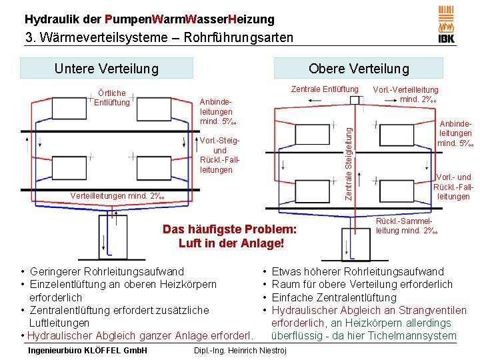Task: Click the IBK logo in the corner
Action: tap(446, 25)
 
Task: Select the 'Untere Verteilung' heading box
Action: tap(107, 68)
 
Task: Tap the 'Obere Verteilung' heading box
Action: tap(359, 69)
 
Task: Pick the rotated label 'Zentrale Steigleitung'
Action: tap(347, 155)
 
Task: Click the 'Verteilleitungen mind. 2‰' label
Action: tap(117, 195)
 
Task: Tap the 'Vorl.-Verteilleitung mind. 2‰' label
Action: tap(405, 94)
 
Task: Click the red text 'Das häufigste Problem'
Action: tap(229, 229)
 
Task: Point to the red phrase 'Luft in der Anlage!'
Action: tap(231, 243)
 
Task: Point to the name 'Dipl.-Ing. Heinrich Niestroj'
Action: tap(239, 351)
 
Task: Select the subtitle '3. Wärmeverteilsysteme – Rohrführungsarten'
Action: tap(159, 37)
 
